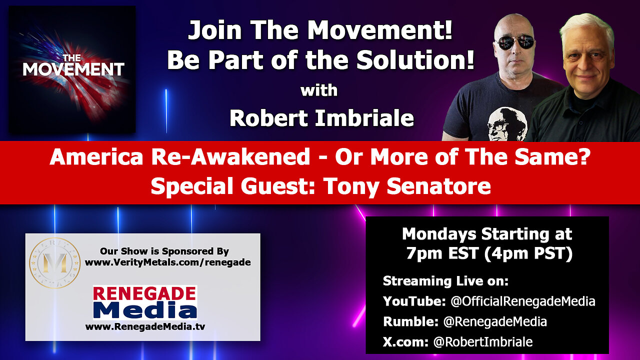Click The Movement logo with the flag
(x=72, y=69)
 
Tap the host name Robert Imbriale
(x=321, y=118)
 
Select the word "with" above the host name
(x=319, y=90)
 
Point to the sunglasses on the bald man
(x=514, y=42)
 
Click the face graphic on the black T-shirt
(x=507, y=123)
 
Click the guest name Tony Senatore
(x=407, y=186)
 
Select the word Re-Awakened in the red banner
(x=230, y=157)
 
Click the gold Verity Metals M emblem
(x=54, y=262)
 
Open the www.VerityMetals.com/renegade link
(x=167, y=262)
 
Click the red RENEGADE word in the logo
(x=144, y=293)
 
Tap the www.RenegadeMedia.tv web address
(x=145, y=326)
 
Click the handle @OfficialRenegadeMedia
(x=523, y=301)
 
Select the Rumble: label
(x=410, y=321)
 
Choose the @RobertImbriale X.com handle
(x=483, y=342)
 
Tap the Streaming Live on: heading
(x=445, y=281)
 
